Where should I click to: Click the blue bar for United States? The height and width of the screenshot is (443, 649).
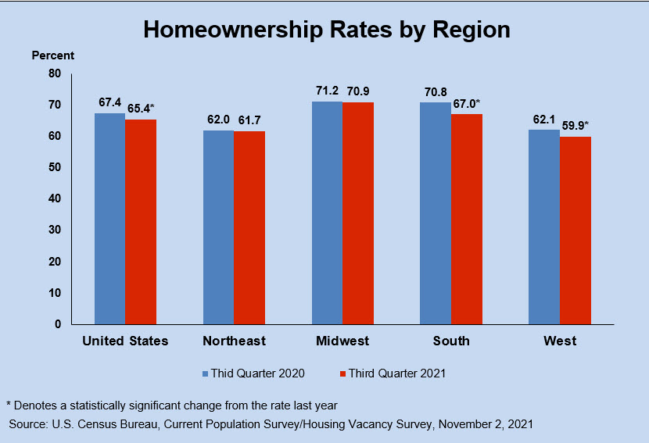[x=109, y=219]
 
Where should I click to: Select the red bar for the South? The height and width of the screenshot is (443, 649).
[x=466, y=220]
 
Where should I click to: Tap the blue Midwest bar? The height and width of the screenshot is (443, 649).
[x=327, y=213]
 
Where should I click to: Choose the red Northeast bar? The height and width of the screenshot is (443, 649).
[x=249, y=227]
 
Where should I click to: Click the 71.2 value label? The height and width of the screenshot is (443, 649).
[x=327, y=91]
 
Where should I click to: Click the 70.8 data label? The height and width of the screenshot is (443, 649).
[x=435, y=92]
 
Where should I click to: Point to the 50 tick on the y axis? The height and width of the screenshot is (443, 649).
[x=54, y=167]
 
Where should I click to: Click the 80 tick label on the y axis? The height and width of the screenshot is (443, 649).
[x=54, y=73]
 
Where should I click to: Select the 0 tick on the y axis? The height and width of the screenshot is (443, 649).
[x=57, y=324]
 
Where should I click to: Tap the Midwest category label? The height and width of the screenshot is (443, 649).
[x=342, y=341]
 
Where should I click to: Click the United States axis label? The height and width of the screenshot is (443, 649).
[x=125, y=341]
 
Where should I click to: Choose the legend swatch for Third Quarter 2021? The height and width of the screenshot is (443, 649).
[x=342, y=373]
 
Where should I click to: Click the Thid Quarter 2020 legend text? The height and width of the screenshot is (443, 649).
[x=258, y=373]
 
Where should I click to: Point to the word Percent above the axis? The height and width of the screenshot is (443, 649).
[x=53, y=55]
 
